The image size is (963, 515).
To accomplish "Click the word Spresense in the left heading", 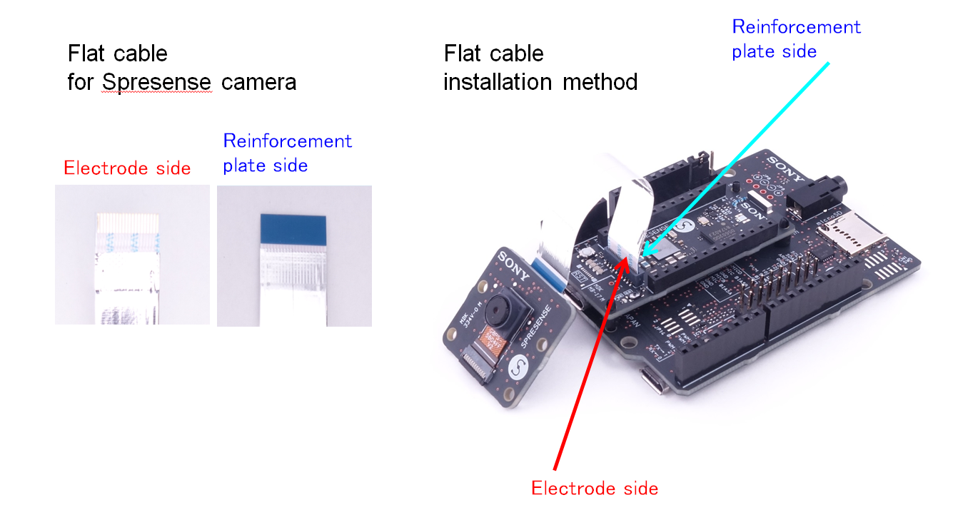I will click(156, 82).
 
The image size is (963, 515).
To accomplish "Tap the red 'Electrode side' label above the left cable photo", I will click(127, 168).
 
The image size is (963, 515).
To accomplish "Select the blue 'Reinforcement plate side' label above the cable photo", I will click(287, 153).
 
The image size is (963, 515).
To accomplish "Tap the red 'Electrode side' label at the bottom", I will click(595, 489).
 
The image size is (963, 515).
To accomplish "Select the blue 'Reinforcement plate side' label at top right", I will click(796, 39).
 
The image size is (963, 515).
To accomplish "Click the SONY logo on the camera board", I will click(515, 265).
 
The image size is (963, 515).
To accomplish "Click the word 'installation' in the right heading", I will click(500, 82).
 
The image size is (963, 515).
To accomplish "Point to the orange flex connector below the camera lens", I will click(495, 342).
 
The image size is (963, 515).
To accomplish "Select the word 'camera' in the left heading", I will click(258, 82).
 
